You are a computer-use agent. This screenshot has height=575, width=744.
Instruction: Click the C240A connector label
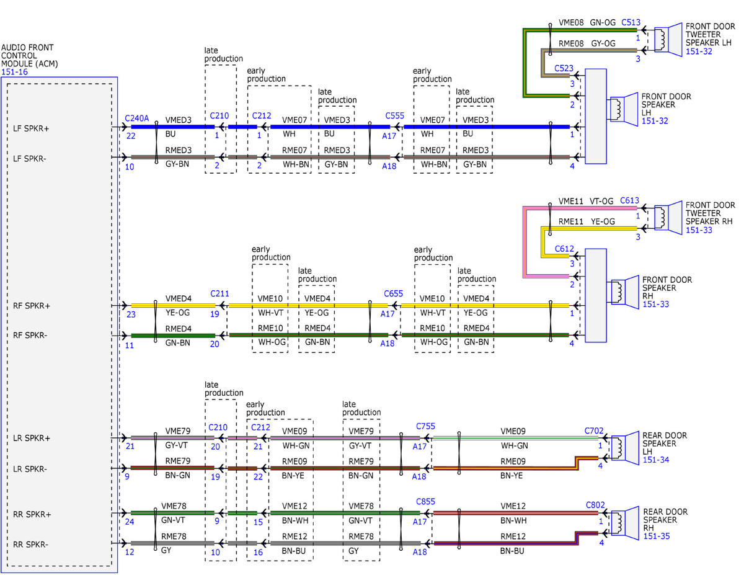coord(136,118)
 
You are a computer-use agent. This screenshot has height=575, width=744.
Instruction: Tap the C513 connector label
coord(631,22)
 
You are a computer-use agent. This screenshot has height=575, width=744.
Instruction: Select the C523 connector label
coord(564,68)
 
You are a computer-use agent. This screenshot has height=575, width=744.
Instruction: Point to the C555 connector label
coord(394,116)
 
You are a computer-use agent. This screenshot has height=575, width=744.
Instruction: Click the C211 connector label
coord(219,293)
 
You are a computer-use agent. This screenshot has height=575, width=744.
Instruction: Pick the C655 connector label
coord(393,293)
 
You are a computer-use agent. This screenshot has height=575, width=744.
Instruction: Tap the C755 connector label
coord(425,426)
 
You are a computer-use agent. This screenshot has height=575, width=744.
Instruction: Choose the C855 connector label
coord(425,501)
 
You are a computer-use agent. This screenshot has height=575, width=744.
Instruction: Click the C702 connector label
coord(594,430)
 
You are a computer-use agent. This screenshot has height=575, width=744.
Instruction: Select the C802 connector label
coord(595,505)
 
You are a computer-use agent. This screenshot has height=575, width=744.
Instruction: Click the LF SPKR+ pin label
coord(31,128)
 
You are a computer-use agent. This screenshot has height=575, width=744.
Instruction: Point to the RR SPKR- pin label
coord(30,544)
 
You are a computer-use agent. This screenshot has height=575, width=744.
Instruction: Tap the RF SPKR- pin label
coord(30,335)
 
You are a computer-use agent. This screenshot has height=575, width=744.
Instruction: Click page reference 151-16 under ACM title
coord(14,72)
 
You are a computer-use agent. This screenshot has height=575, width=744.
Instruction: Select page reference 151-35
coord(657,536)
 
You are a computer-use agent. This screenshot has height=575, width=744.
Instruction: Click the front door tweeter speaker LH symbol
coord(668,40)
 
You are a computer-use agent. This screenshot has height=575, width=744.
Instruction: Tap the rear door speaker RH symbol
coord(625,524)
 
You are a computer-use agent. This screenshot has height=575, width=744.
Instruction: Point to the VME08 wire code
coord(571,22)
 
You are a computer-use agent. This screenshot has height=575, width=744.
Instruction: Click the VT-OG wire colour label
coord(601,201)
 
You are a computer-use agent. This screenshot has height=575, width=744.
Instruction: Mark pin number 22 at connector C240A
coord(131,136)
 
